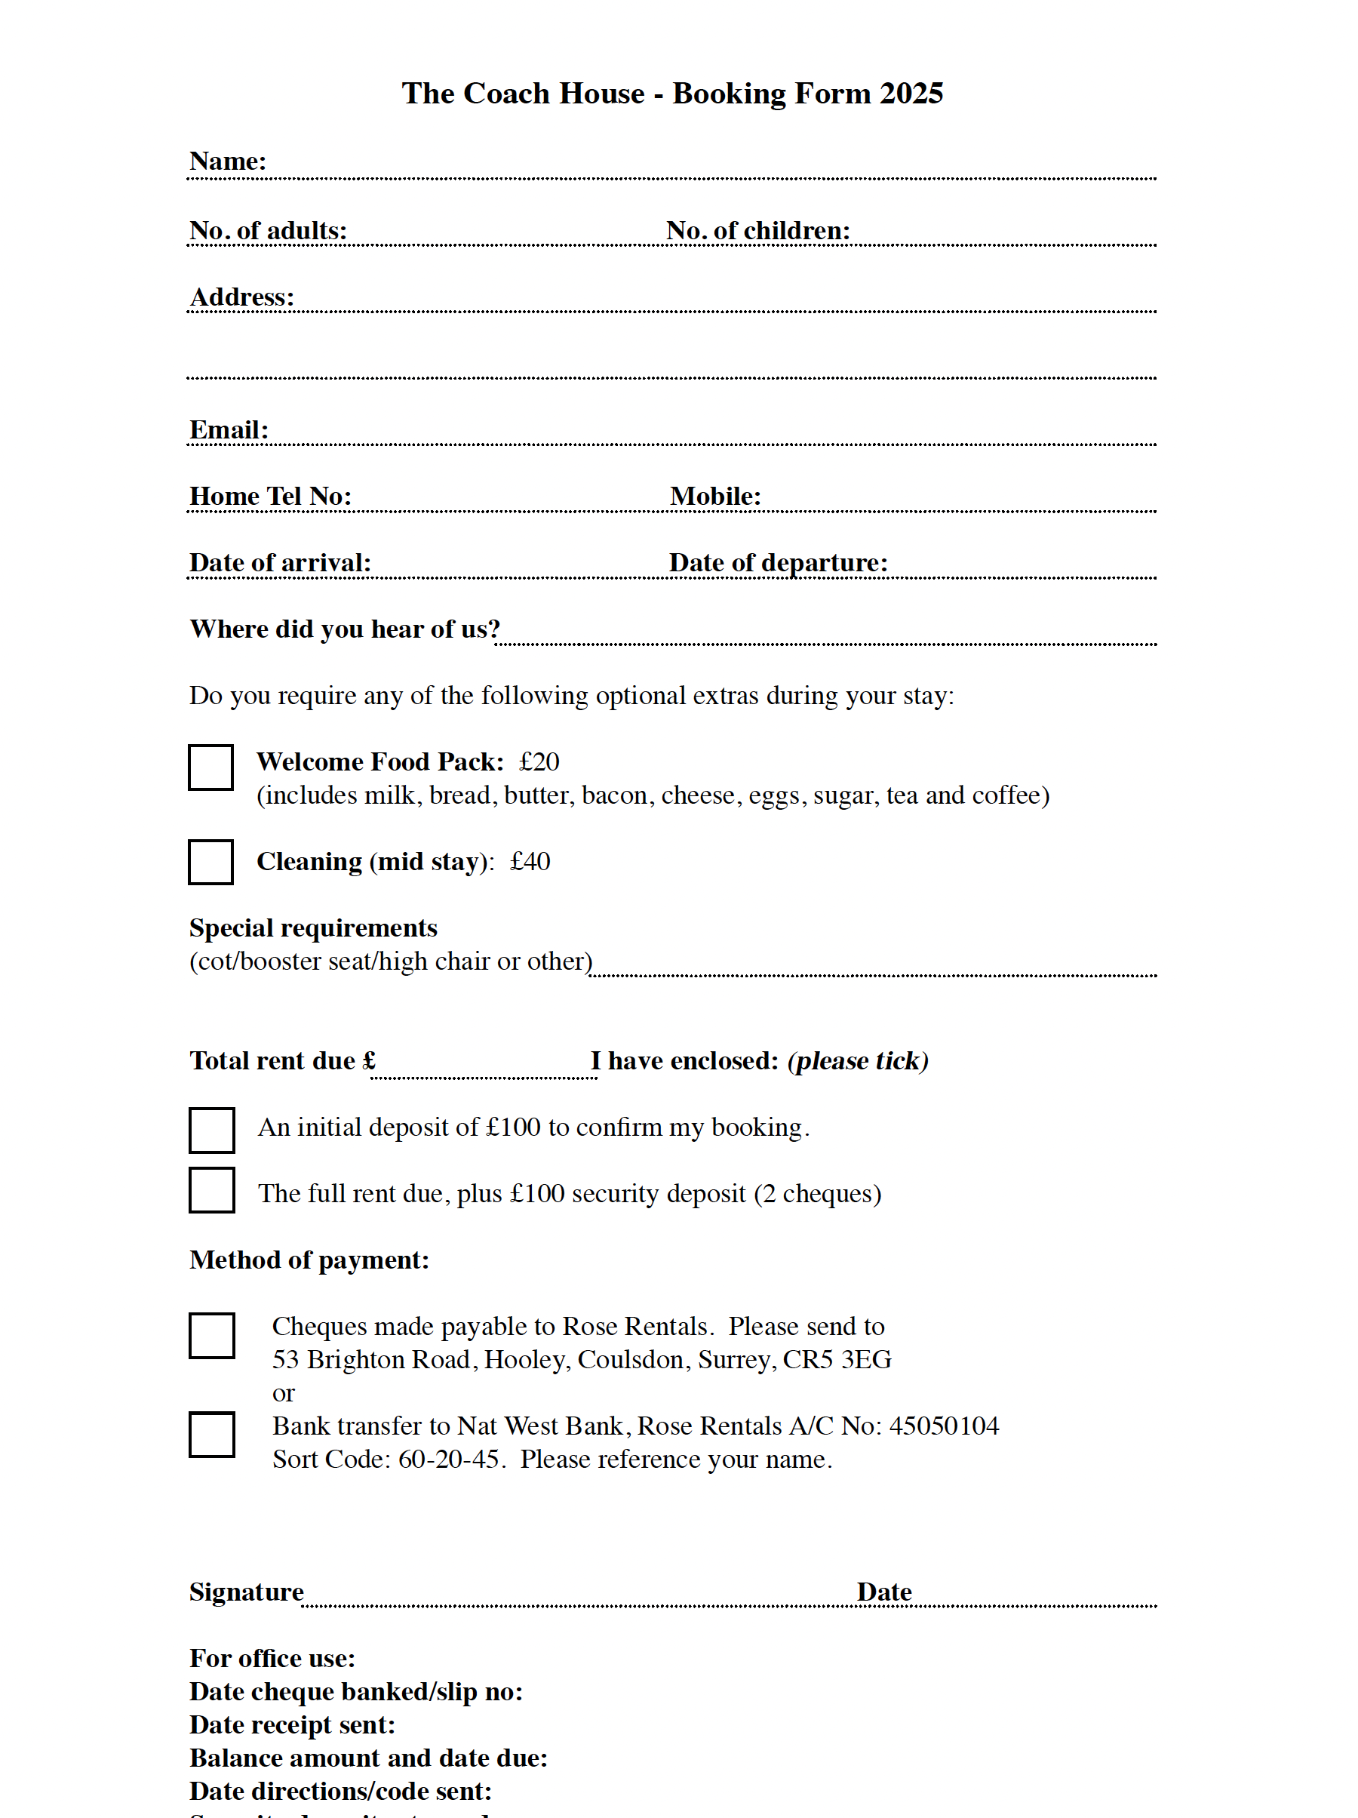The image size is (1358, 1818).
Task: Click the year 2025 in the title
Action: pyautogui.click(x=911, y=94)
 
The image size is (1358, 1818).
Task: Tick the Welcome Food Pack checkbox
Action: pyautogui.click(x=211, y=767)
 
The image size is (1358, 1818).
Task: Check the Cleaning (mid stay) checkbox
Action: pyautogui.click(x=211, y=861)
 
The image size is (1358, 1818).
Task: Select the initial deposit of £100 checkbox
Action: pyautogui.click(x=212, y=1130)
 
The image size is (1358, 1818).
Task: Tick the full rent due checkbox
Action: pyautogui.click(x=212, y=1189)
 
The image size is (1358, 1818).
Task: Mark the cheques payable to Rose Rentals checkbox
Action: pyautogui.click(x=212, y=1335)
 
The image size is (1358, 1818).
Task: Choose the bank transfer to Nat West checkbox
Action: pyautogui.click(x=212, y=1434)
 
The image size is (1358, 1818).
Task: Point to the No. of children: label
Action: pyautogui.click(x=757, y=231)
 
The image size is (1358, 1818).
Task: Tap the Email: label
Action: pyautogui.click(x=229, y=430)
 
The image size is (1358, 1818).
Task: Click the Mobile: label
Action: pyautogui.click(x=714, y=497)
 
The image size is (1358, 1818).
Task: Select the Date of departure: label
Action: pyautogui.click(x=777, y=563)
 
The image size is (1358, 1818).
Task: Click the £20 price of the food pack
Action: pyautogui.click(x=539, y=762)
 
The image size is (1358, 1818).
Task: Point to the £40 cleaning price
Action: pyautogui.click(x=530, y=861)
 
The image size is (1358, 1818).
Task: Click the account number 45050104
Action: pyautogui.click(x=944, y=1426)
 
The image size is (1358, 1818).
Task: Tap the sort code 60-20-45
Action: pyautogui.click(x=449, y=1460)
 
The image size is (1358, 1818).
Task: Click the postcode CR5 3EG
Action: pyautogui.click(x=837, y=1359)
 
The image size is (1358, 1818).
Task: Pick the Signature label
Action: pyautogui.click(x=247, y=1592)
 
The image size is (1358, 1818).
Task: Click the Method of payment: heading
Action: pyautogui.click(x=309, y=1260)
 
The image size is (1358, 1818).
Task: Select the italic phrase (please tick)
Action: pyautogui.click(x=858, y=1061)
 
